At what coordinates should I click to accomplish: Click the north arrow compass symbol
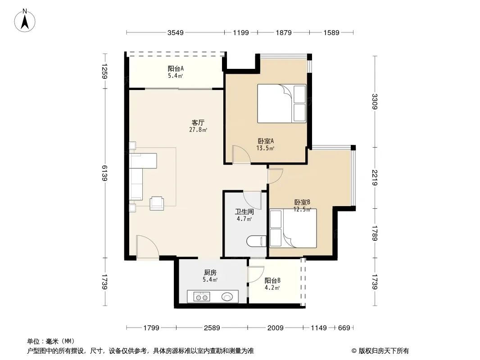tap(25, 21)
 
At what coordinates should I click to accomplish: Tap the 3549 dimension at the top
tap(176, 32)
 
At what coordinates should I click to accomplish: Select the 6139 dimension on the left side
tap(104, 173)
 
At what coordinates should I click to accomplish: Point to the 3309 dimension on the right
tap(375, 102)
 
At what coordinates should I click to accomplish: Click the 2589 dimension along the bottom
tap(212, 328)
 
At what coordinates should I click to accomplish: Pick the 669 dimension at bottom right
tap(344, 328)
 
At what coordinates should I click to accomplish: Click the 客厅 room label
tap(198, 123)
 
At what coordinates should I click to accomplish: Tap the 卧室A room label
tap(265, 141)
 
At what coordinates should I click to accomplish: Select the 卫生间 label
tap(245, 211)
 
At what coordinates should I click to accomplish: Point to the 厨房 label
tap(210, 273)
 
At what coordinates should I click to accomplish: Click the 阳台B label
tap(272, 280)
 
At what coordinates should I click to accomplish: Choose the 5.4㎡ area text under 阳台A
tap(176, 76)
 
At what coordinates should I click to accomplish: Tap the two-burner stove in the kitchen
tap(202, 297)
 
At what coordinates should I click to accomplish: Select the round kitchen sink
tap(227, 297)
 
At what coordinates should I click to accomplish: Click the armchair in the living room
tap(156, 203)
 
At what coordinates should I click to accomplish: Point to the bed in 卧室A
tap(281, 103)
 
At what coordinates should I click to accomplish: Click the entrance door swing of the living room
tap(148, 247)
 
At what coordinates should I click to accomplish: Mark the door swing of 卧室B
tap(275, 176)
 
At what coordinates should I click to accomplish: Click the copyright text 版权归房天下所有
tap(384, 351)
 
